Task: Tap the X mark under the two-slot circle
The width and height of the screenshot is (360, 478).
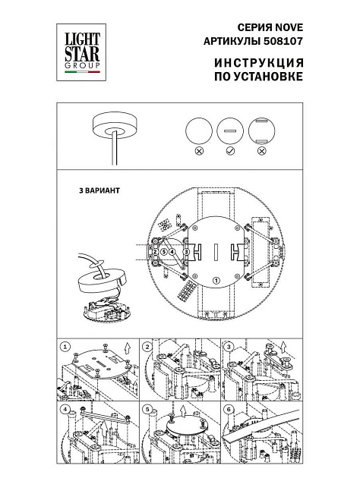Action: pyautogui.click(x=262, y=152)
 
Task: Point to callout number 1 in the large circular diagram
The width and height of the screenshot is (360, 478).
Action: pyautogui.click(x=216, y=280)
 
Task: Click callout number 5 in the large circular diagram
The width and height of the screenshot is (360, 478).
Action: pyautogui.click(x=163, y=251)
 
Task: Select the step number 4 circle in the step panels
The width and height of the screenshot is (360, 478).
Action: pyautogui.click(x=65, y=411)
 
